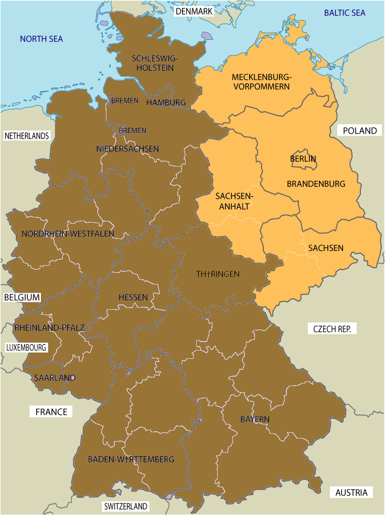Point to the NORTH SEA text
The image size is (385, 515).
coord(41,39)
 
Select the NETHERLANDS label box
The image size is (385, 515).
coord(27,136)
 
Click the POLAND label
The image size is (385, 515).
coord(360,130)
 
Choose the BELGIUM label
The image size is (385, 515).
coord(22,297)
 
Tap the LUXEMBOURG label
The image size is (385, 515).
coord(26,347)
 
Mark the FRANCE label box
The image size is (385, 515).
coord(51,412)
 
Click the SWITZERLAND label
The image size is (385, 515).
coord(126,507)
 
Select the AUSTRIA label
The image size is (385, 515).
coord(351,492)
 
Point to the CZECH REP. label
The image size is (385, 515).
coord(335,329)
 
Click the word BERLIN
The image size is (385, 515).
coord(303,158)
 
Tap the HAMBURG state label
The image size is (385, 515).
coord(166,103)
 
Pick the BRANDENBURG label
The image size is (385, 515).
coord(316,184)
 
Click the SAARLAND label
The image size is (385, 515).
coord(55,377)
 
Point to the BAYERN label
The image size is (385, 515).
coord(255,419)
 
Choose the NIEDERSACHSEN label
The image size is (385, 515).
coord(127,149)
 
